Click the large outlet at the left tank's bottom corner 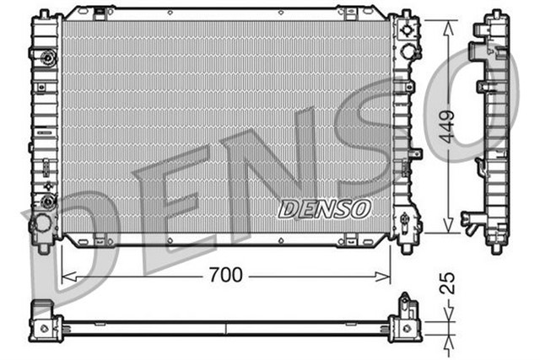point(40,226)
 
